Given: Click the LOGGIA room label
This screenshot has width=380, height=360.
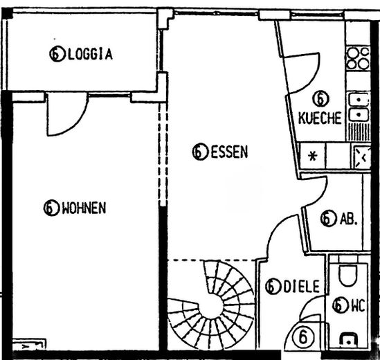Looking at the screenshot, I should [x=90, y=53].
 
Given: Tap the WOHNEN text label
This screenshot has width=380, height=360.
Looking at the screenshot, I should [x=84, y=207].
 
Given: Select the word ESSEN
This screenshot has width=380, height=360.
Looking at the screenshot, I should [x=228, y=152].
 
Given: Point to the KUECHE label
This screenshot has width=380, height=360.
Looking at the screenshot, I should [x=320, y=118].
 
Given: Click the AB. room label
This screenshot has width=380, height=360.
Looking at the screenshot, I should [x=348, y=219].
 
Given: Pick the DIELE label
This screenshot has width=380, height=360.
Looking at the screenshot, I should [x=301, y=286].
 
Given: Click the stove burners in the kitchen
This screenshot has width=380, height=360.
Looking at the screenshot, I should [x=357, y=57].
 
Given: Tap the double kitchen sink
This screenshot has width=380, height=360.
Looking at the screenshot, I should [x=359, y=107].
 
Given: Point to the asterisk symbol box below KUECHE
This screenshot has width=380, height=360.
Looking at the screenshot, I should [x=312, y=156].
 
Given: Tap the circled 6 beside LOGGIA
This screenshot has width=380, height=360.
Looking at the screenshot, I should [x=57, y=53].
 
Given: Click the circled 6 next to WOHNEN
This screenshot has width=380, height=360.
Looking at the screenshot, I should [x=51, y=207].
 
